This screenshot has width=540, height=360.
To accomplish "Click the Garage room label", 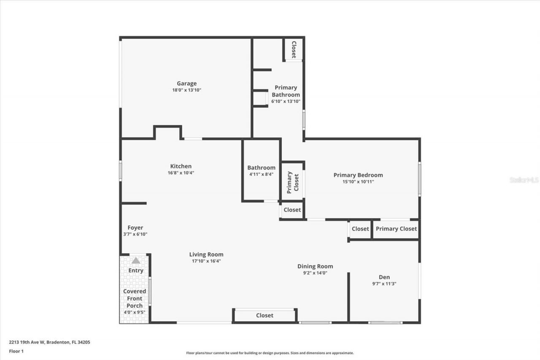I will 186,84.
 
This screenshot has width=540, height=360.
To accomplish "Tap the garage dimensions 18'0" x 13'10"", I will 186,90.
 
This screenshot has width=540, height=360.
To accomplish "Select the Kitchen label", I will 181,166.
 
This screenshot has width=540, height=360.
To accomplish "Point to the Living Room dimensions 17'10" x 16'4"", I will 206,261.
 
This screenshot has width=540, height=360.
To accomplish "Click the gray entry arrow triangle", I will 136,261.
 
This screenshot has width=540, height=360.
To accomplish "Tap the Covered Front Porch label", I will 135,298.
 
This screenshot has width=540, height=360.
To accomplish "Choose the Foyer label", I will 135,227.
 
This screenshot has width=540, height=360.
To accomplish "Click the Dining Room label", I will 315,266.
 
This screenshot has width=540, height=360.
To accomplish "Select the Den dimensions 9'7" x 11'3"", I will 384,284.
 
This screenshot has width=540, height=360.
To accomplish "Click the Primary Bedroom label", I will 358,175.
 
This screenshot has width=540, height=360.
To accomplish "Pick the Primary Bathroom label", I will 286,91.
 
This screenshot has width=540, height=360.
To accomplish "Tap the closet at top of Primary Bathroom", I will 294,50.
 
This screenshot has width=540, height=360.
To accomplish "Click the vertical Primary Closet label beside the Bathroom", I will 293,182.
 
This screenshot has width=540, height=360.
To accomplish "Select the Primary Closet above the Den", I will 396,229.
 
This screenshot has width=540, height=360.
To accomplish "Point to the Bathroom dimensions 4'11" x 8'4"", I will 261,174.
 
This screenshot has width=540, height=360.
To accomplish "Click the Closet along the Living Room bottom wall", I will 265,315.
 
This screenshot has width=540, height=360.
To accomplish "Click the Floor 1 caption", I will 16,351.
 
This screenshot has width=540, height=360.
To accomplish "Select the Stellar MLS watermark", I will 524,180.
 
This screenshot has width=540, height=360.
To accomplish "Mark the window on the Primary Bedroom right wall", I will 419,179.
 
